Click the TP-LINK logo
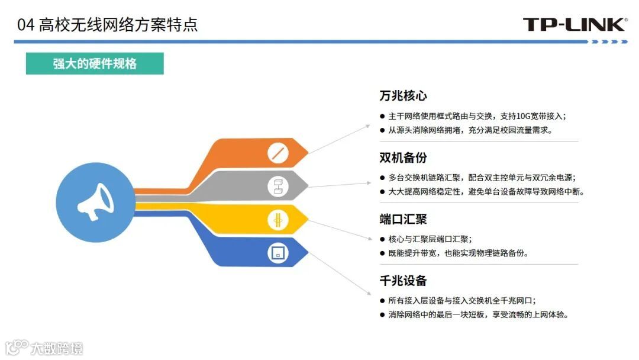574,24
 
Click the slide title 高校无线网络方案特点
118,25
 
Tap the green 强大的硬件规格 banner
95,64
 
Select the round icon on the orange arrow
277,152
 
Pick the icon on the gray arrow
277,186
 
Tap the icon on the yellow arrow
277,220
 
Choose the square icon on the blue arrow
277,253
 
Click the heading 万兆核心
403,96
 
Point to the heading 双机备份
403,158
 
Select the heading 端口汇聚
403,219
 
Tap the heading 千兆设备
403,281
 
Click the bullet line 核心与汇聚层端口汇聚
430,239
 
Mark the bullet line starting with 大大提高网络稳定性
482,192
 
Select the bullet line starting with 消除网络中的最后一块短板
478,315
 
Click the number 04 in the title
25,25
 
